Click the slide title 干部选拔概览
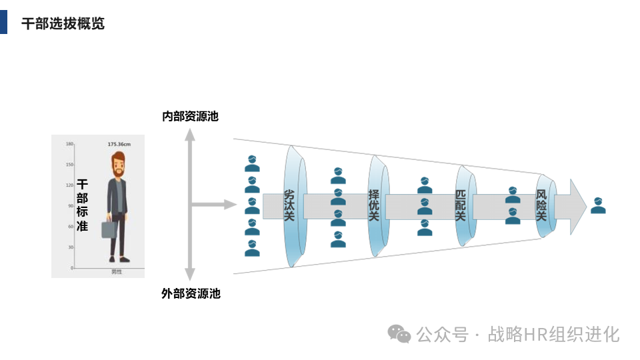pyautogui.click(x=63, y=24)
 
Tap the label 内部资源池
pyautogui.click(x=190, y=116)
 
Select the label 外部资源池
pyautogui.click(x=191, y=293)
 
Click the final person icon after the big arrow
pyautogui.click(x=598, y=205)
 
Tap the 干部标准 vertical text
pyautogui.click(x=82, y=205)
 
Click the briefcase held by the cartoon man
pyautogui.click(x=109, y=229)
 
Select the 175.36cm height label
pyautogui.click(x=119, y=144)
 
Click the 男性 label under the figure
pyautogui.click(x=117, y=272)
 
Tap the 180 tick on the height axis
pyautogui.click(x=69, y=144)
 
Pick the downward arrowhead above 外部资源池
pyautogui.click(x=190, y=274)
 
